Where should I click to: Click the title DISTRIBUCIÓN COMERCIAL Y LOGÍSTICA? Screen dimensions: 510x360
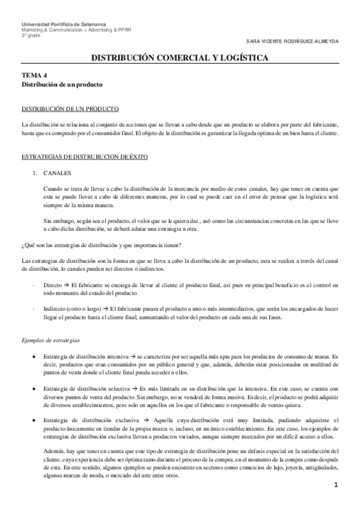[180, 58]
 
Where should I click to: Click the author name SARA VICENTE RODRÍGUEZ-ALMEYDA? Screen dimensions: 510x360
[297, 41]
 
